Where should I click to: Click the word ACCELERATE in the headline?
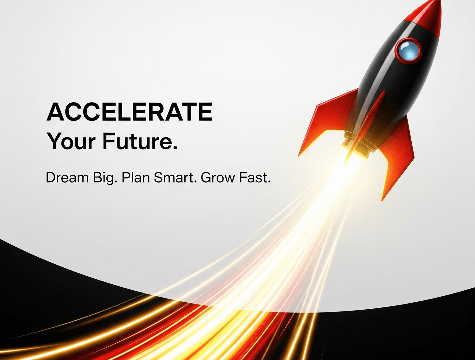(x=130, y=112)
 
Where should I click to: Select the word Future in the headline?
(x=138, y=141)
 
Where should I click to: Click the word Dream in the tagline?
(x=67, y=177)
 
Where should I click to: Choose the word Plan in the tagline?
(x=136, y=177)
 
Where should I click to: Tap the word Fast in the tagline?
(x=253, y=178)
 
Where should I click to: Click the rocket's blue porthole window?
(x=408, y=51)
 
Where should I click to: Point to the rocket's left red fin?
(x=327, y=121)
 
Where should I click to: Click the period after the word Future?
(x=175, y=147)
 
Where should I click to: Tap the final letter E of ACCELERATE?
(x=206, y=112)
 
